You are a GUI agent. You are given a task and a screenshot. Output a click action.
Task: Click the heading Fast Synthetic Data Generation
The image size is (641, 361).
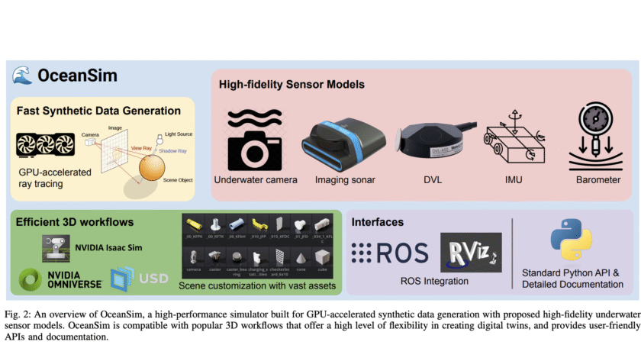coord(98,111)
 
